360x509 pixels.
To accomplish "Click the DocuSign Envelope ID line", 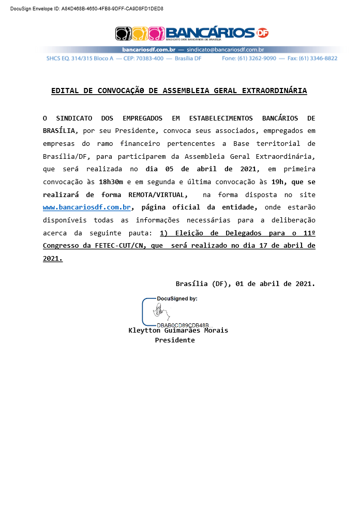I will pyautogui.click(x=86, y=9).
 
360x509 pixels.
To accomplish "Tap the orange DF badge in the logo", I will pyautogui.click(x=263, y=33).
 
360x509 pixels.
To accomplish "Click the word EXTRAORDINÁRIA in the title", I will pyautogui.click(x=274, y=91).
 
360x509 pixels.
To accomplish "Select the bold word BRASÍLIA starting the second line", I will pyautogui.click(x=58, y=131).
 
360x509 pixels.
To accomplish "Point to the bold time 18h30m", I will pyautogui.click(x=111, y=182).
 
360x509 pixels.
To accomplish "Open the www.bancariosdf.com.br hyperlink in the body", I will pyautogui.click(x=86, y=207).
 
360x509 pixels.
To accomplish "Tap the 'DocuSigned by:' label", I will pyautogui.click(x=177, y=299).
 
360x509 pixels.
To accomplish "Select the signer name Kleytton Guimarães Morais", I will pyautogui.click(x=178, y=331).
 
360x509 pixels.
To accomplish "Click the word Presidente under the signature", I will pyautogui.click(x=175, y=340).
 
